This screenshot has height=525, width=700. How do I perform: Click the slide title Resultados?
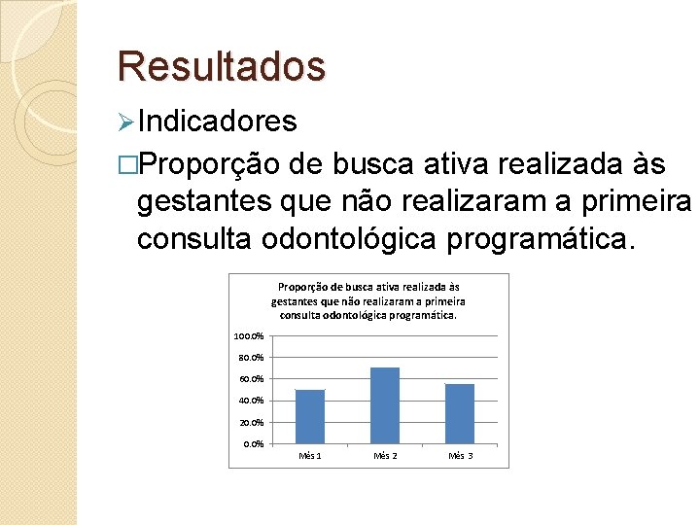pos(221,66)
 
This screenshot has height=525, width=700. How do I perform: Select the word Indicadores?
pos(217,122)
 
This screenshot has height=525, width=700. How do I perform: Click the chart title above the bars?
pos(368,300)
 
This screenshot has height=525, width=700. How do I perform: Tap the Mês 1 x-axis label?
pos(310,456)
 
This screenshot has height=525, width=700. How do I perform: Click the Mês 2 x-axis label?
pos(385,456)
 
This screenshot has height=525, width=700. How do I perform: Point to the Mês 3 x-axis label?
pos(460,456)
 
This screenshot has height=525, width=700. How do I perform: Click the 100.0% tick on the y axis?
pos(248,336)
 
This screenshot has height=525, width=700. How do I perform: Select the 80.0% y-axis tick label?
pos(251,358)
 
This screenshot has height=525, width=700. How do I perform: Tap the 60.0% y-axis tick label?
pos(251,379)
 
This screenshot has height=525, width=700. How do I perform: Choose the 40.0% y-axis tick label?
pos(251,401)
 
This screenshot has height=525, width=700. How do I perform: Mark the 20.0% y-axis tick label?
pos(251,423)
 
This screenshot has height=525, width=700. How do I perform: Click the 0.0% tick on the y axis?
pos(253,444)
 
